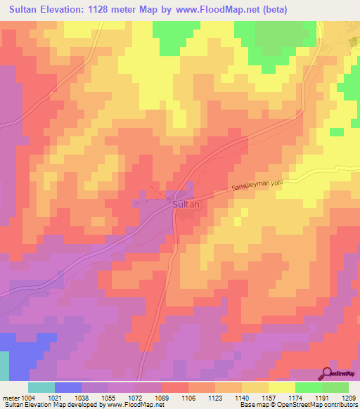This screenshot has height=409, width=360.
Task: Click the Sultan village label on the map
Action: (x=186, y=204)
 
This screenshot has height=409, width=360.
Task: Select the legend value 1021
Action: (x=54, y=397)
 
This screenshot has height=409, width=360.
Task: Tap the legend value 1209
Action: (x=349, y=397)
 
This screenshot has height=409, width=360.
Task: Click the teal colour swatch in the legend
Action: (x=41, y=387)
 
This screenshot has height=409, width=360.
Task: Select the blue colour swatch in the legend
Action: (x=68, y=387)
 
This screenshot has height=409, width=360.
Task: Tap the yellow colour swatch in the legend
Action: (x=282, y=387)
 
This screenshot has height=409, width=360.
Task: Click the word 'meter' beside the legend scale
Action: (x=9, y=397)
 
